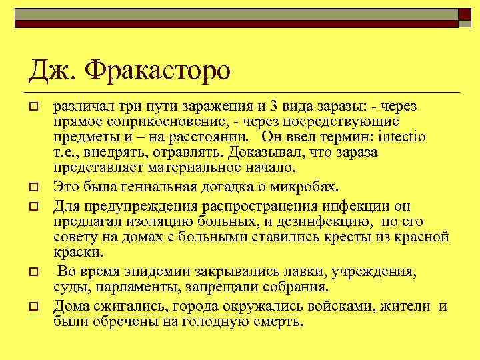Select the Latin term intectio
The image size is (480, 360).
[x=401, y=137]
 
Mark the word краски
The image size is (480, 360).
[x=78, y=253]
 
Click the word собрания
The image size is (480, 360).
[x=295, y=288]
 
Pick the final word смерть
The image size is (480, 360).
[x=278, y=323]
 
